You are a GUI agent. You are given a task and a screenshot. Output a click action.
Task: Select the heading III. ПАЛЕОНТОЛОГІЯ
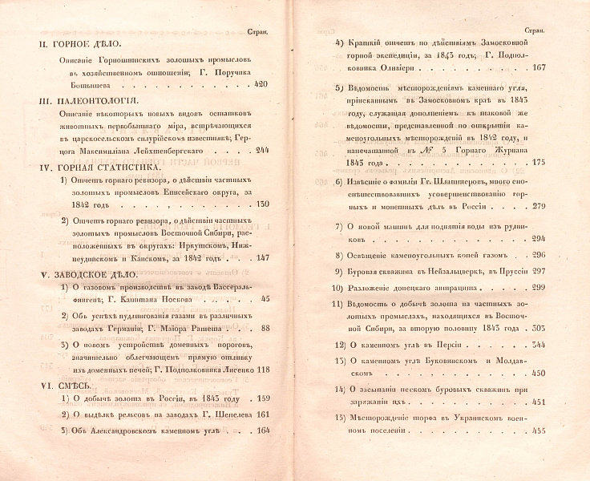click(90, 101)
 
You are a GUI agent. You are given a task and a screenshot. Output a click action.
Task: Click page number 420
click(261, 83)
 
